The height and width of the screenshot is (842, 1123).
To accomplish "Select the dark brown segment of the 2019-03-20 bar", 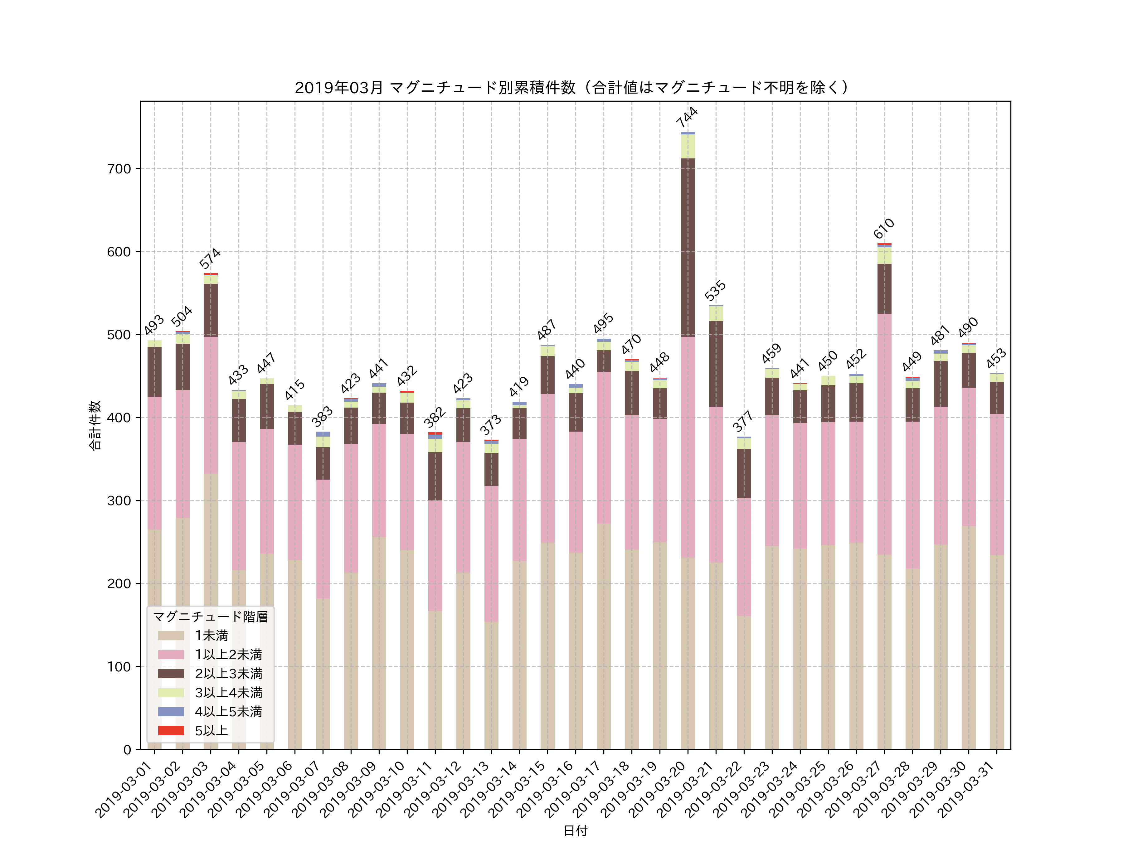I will coord(688,248).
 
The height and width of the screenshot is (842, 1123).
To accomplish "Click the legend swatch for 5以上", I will coord(171,730).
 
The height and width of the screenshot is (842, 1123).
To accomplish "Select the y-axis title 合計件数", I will coord(95,425).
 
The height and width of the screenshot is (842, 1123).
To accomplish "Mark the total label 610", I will coord(883,228).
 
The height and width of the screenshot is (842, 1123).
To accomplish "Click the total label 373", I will coord(490,425).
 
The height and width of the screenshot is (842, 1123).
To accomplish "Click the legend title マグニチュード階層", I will coord(210,617).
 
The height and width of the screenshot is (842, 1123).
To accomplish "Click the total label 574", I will coord(209,258).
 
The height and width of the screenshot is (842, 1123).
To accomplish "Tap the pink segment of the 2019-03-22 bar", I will coord(744,557).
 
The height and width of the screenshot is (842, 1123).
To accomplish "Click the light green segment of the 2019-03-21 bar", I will coord(716,314).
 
